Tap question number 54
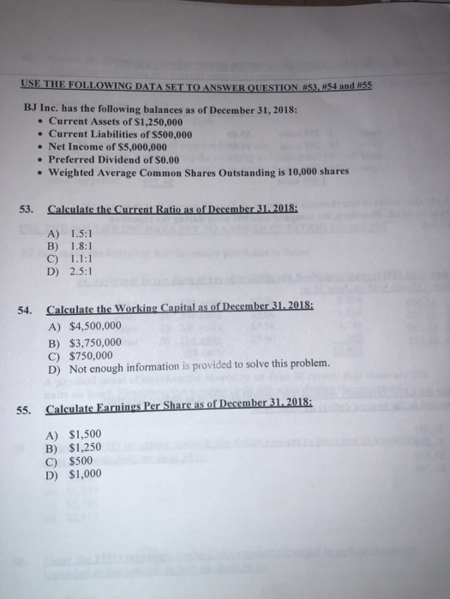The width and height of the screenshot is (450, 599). coord(25,311)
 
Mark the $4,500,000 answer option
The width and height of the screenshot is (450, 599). coord(97,326)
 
